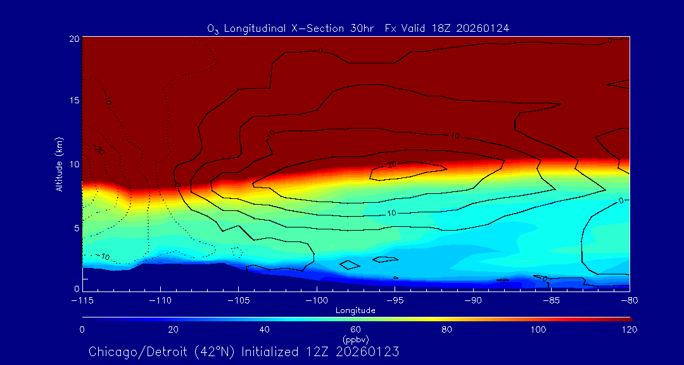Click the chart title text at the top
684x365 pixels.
click(x=358, y=28)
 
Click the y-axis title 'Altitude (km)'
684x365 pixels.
click(x=59, y=164)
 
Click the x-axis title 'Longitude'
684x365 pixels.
click(x=355, y=311)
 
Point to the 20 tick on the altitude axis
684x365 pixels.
click(x=74, y=39)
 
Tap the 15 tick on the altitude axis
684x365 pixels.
click(x=74, y=101)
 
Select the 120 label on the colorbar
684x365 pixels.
click(x=630, y=330)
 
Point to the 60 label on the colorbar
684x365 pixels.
click(x=355, y=330)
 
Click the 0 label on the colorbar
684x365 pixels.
click(x=82, y=330)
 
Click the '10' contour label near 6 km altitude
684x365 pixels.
click(x=391, y=213)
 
